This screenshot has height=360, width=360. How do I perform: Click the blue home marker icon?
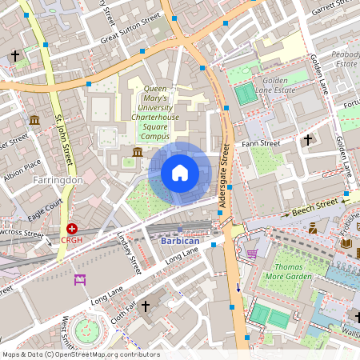click(x=180, y=172)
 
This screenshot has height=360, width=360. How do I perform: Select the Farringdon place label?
click(x=58, y=181)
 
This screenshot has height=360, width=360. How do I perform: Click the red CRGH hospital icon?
click(x=72, y=229)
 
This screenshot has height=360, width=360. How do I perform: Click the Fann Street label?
click(x=261, y=144)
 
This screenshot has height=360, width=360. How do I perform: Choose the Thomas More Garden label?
click(x=292, y=270)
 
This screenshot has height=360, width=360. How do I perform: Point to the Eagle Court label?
click(x=45, y=210)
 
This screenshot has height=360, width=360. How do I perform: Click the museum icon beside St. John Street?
click(x=34, y=120)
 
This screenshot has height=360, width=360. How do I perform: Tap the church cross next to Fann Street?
click(x=308, y=140)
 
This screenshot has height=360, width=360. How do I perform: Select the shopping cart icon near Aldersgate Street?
click(x=253, y=253)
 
